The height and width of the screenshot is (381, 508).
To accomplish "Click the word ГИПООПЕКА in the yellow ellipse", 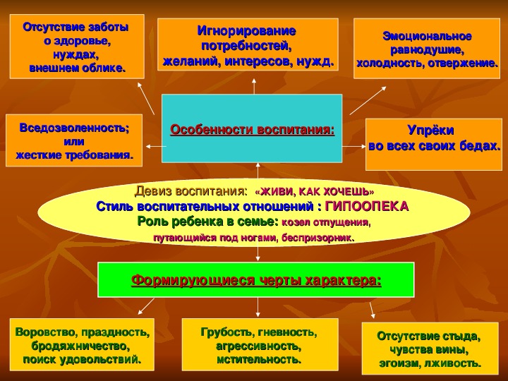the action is (366, 206).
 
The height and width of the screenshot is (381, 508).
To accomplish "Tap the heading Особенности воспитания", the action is (252, 130).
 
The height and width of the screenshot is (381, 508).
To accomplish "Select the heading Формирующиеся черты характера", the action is (256, 280).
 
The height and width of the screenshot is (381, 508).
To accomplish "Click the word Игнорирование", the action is (246, 31).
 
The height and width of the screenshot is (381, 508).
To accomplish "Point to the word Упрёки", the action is (430, 131).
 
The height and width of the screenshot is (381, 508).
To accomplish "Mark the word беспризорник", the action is (317, 238).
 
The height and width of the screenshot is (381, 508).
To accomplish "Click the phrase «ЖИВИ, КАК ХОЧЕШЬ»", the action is (314, 192).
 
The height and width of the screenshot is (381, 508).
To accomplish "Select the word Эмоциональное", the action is (427, 36).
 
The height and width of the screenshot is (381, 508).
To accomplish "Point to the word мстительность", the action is (259, 360).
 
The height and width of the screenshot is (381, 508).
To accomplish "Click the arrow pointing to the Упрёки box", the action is (353, 147).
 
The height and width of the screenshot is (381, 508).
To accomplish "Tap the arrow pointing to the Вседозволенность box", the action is (156, 147).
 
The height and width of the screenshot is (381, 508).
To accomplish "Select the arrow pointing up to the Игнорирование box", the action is (254, 86).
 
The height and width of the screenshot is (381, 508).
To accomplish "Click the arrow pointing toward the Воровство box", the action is (146, 306).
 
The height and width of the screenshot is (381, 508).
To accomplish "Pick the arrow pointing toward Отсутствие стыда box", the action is (373, 310).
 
